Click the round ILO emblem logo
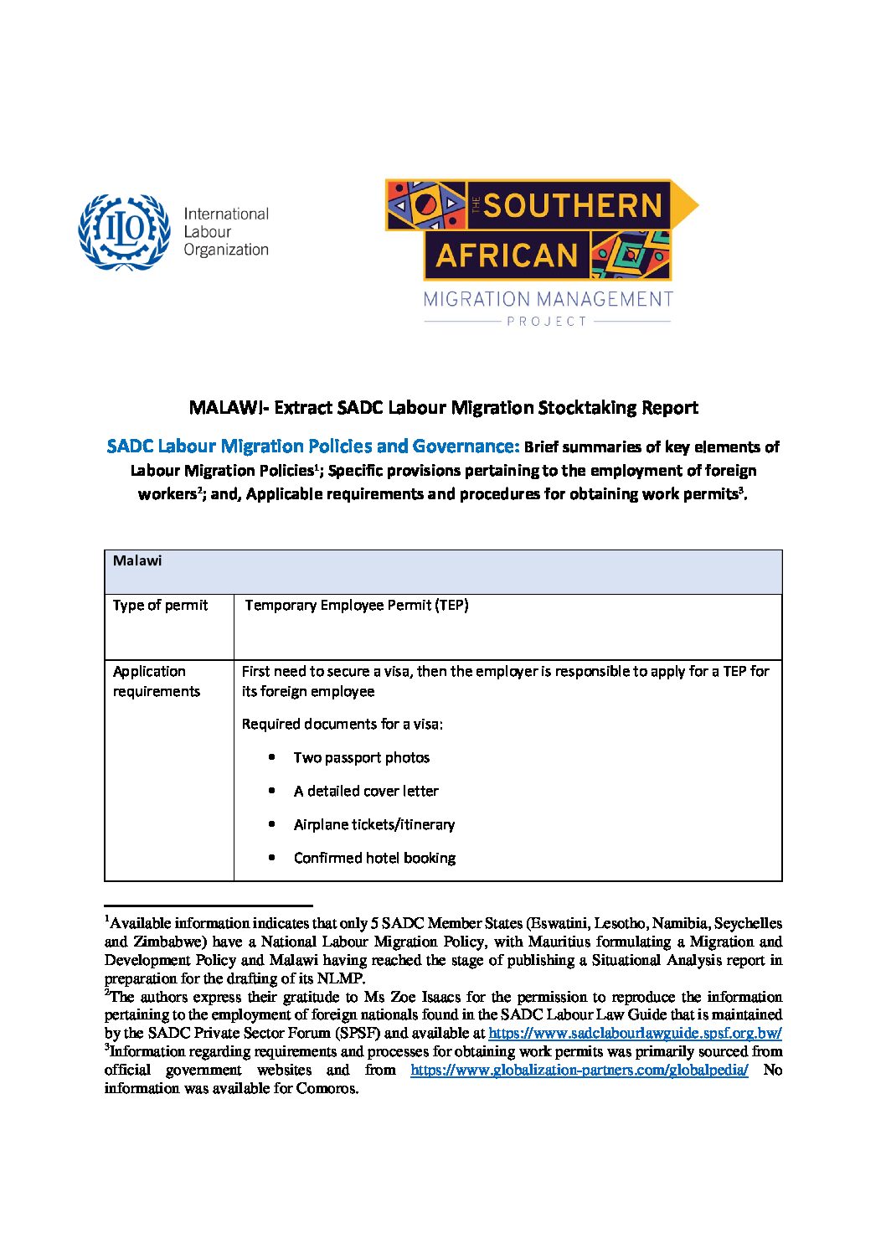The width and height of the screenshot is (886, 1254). coord(123,232)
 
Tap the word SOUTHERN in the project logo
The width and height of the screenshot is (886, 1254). coord(573,205)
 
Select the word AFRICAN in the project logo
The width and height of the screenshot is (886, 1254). coord(507,255)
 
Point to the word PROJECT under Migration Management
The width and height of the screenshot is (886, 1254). coord(547,321)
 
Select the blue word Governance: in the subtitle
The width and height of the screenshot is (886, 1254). coord(466,446)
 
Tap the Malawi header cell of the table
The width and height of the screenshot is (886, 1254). coord(138,561)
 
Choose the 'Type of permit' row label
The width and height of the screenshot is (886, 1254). coord(160,605)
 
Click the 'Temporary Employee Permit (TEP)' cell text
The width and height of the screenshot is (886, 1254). coord(357,605)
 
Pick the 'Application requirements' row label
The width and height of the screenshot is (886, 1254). coord(157,681)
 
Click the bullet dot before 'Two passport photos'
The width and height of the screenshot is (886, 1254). coord(272,757)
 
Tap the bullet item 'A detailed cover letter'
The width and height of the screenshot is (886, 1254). coord(366,791)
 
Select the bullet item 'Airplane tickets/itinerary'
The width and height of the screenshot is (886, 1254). coord(374,824)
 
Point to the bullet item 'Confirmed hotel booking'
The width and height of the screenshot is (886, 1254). coord(374,858)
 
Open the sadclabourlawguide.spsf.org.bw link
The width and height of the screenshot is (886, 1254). coord(635,1033)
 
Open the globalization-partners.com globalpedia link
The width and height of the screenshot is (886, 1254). coord(579,1070)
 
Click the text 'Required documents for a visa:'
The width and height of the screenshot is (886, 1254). coord(343,724)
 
